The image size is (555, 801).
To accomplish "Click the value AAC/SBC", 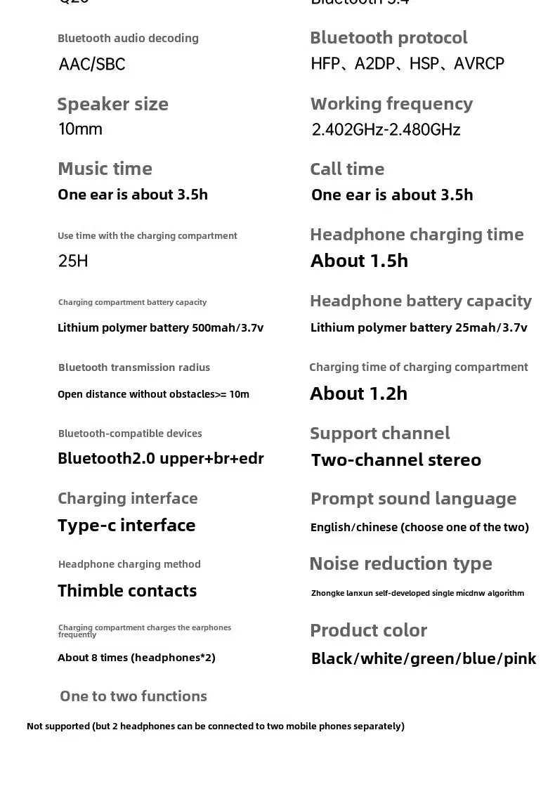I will click(x=92, y=65).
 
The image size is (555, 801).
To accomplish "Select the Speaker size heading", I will click(x=112, y=104).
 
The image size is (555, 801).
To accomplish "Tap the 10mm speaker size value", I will click(x=80, y=129).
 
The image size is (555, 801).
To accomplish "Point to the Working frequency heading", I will click(x=391, y=104).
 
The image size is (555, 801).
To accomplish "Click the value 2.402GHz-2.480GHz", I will click(x=386, y=130).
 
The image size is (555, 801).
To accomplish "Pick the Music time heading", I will click(x=105, y=169).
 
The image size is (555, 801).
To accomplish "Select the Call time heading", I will click(x=347, y=169).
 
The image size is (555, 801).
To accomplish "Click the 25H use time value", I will click(x=73, y=261).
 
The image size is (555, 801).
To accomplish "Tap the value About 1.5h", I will click(x=359, y=261).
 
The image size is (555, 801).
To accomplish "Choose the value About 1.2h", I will click(x=358, y=393).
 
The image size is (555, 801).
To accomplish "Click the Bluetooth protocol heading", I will click(x=388, y=38).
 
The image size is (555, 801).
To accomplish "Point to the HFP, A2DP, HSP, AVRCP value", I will click(x=407, y=64).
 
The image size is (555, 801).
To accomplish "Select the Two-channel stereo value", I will click(x=396, y=460).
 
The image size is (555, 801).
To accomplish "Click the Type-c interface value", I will click(x=126, y=526).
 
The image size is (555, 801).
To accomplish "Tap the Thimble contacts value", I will click(x=127, y=591).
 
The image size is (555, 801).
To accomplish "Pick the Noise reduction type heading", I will click(x=400, y=564).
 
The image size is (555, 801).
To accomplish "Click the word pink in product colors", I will click(x=520, y=659).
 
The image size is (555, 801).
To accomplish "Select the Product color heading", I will click(x=368, y=630).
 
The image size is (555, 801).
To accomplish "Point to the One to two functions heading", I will click(x=133, y=696).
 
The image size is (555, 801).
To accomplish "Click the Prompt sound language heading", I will click(x=413, y=499).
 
